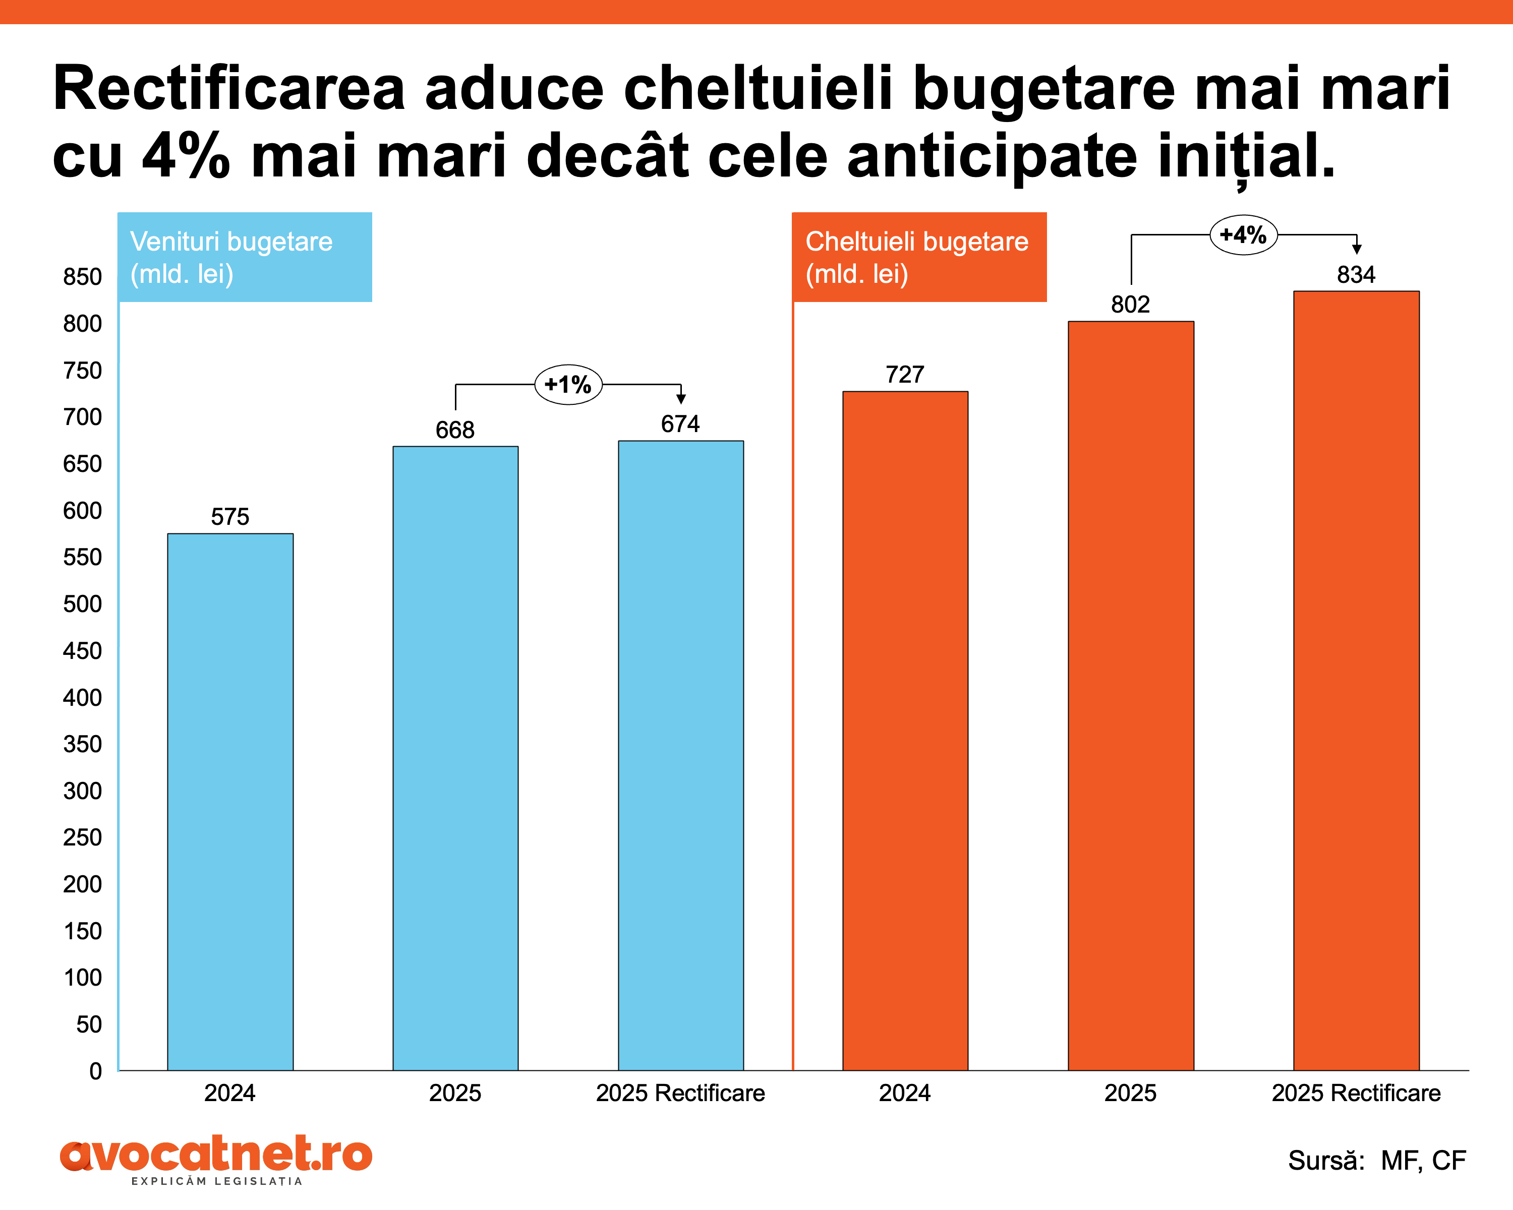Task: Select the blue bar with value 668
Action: pos(455,758)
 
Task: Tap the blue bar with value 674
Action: pos(681,755)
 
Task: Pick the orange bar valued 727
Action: pos(905,730)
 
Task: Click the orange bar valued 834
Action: pos(1356,681)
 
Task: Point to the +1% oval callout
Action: pos(568,384)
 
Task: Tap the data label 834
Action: pos(1356,274)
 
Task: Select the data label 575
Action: pos(230,517)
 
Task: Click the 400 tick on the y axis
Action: pos(82,698)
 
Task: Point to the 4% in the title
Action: pos(186,156)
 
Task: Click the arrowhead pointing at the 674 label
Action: pos(681,399)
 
